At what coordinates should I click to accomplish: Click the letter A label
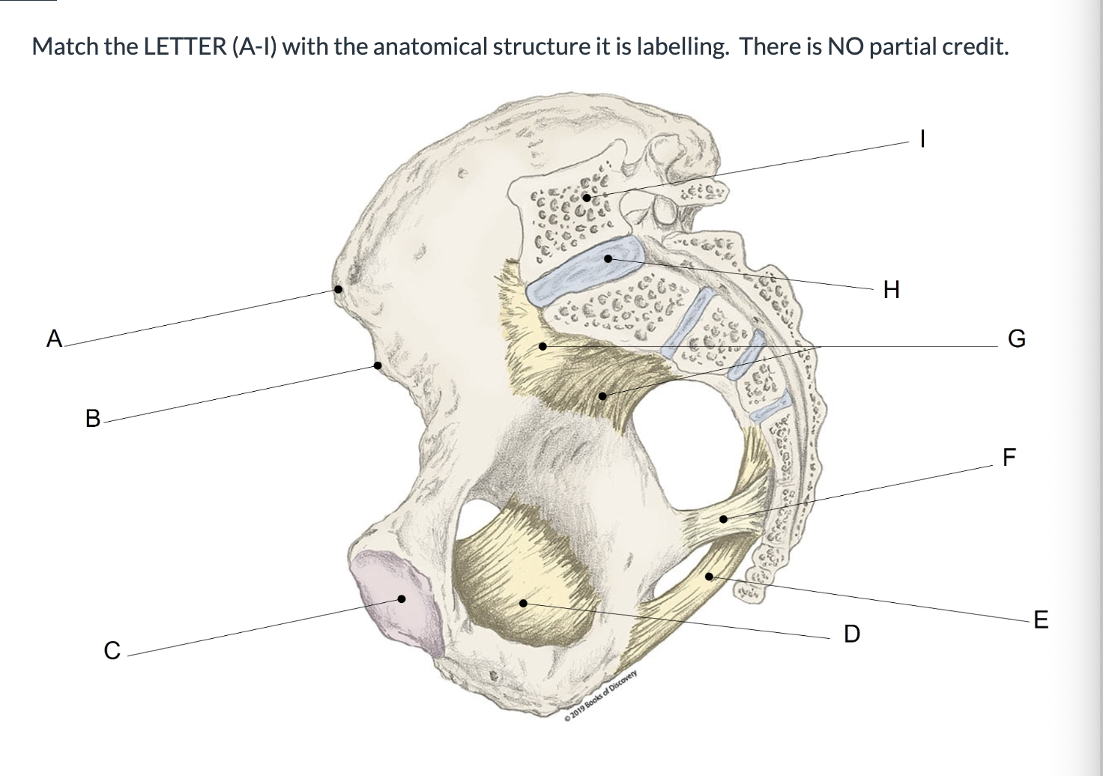[x=54, y=339]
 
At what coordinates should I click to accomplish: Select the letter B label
[x=93, y=418]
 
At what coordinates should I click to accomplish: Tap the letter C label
[x=112, y=650]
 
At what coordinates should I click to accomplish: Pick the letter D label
[x=851, y=634]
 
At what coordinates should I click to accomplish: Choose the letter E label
[x=1040, y=620]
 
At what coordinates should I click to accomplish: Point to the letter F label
[x=1010, y=457]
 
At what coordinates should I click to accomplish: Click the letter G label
[x=1017, y=339]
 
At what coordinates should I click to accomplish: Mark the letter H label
[x=891, y=289]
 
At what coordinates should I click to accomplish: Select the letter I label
[x=923, y=139]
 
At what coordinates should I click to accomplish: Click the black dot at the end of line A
[x=339, y=289]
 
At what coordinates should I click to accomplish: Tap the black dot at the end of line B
[x=378, y=366]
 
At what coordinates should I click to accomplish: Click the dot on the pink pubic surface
[x=402, y=598]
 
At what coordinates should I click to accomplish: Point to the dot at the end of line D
[x=524, y=603]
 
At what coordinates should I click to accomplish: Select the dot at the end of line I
[x=587, y=197]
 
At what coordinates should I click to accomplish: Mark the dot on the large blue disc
[x=608, y=258]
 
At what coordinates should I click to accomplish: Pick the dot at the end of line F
[x=723, y=519]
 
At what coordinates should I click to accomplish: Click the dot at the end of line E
[x=709, y=576]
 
